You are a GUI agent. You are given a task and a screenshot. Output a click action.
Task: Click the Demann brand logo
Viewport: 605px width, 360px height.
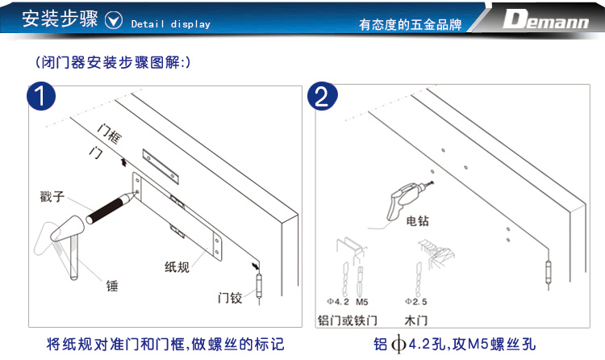(x=545, y=19)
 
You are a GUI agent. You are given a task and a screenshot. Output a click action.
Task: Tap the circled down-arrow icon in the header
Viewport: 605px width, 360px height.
(x=114, y=20)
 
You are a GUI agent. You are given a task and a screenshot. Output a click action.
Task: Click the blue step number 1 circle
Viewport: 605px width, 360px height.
(x=41, y=96)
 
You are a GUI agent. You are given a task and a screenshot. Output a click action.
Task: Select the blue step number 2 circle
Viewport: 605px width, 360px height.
(x=322, y=96)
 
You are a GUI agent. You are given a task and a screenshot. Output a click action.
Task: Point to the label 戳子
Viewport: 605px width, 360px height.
(x=52, y=196)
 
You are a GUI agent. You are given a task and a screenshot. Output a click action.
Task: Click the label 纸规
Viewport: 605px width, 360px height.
(x=177, y=267)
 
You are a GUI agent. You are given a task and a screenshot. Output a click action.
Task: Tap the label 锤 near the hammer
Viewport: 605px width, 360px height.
(x=112, y=287)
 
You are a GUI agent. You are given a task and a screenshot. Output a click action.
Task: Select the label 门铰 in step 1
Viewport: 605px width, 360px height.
(x=230, y=298)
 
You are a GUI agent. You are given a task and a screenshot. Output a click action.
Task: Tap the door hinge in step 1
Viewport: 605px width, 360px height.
(x=259, y=286)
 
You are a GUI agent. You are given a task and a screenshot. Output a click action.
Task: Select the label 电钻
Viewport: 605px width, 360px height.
(x=418, y=221)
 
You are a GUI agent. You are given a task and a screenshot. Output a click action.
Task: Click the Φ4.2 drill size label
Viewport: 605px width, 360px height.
(x=338, y=302)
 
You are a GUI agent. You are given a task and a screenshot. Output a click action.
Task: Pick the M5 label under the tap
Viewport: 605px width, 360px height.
(x=362, y=302)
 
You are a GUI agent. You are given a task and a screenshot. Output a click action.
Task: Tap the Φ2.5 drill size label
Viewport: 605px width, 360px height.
(x=416, y=302)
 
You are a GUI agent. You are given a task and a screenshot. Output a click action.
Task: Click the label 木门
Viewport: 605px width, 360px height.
(x=416, y=320)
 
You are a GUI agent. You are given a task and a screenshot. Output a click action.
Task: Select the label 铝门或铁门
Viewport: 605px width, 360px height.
(x=347, y=320)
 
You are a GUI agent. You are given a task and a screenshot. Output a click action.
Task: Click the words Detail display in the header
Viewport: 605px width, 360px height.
(x=171, y=24)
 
